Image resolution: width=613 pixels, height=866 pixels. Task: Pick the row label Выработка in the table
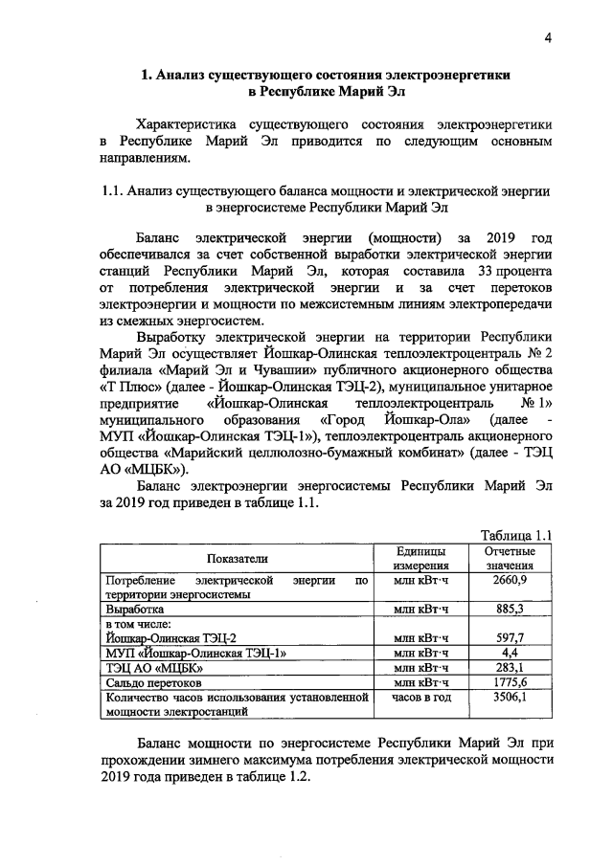click(x=135, y=609)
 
